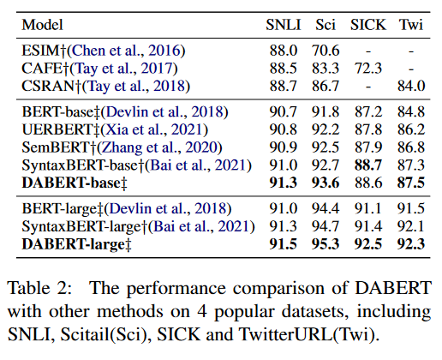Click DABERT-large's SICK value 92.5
tap(368, 246)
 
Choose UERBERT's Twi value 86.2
tap(411, 128)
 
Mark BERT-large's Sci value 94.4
tap(327, 208)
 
